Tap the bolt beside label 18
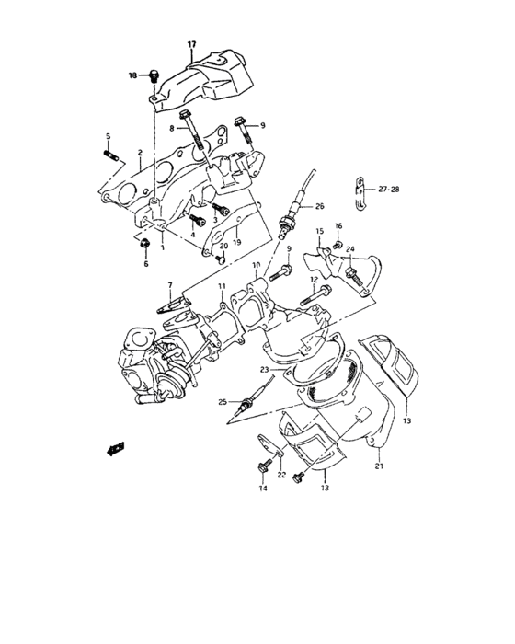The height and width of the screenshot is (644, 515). click(x=155, y=75)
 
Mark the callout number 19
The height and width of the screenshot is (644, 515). click(x=236, y=243)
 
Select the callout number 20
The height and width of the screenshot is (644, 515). click(x=224, y=247)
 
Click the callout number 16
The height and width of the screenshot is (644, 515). click(x=338, y=225)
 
